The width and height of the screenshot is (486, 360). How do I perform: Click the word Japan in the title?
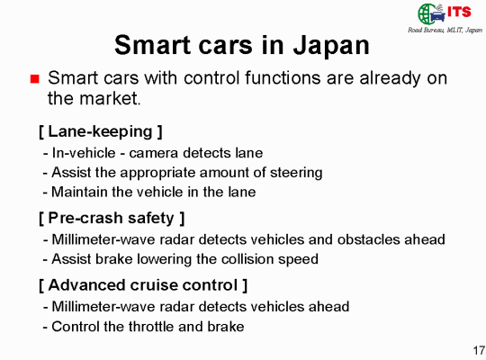331,46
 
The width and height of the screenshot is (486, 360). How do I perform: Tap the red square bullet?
35,79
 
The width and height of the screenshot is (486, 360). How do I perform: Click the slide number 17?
479,350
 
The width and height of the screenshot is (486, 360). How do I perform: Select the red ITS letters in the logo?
459,12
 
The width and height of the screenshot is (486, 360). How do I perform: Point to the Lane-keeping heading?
101,131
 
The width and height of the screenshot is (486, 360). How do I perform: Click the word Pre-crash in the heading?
85,218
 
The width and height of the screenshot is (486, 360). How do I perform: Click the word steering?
296,173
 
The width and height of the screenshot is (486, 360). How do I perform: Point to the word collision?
248,259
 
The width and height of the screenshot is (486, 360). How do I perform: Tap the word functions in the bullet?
283,77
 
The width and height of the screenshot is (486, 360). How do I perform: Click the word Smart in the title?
152,45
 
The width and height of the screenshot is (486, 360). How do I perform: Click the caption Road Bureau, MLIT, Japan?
445,30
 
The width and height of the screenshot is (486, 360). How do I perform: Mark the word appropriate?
157,173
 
